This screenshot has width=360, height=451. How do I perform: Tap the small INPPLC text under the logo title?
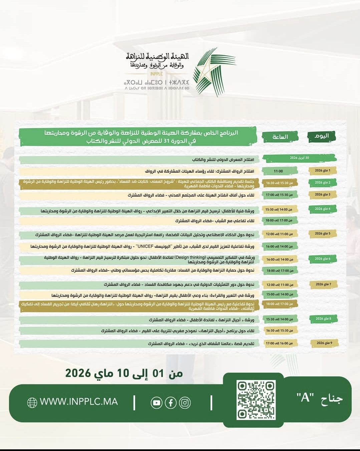pos(156,74)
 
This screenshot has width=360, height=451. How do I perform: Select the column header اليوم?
pos(322,136)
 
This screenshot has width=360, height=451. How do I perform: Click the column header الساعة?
pos(280,137)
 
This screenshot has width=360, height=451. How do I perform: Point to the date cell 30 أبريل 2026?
pos(299,158)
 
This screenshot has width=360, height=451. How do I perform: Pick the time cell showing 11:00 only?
pos(278,171)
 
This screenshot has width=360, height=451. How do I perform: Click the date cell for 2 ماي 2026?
pos(322,183)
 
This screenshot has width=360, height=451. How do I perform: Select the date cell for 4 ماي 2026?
pos(322,209)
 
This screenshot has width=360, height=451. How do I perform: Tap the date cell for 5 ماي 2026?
pos(322,234)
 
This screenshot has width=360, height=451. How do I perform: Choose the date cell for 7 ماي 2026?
pos(323,284)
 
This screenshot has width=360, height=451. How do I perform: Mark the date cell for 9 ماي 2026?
pos(324,343)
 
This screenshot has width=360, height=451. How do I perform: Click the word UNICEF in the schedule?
pos(145,247)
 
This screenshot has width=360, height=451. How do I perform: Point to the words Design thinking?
pos(190,257)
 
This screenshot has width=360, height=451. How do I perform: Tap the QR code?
pos(256,400)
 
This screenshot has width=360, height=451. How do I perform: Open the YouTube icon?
pos(156,403)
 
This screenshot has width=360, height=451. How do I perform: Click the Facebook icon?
pos(170,403)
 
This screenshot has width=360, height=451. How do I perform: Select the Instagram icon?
pos(185,403)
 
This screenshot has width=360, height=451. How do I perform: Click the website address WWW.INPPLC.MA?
pos(79,402)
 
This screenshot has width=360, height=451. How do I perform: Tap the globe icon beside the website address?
pos(32,403)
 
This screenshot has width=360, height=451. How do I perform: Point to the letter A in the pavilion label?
pos(305,397)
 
